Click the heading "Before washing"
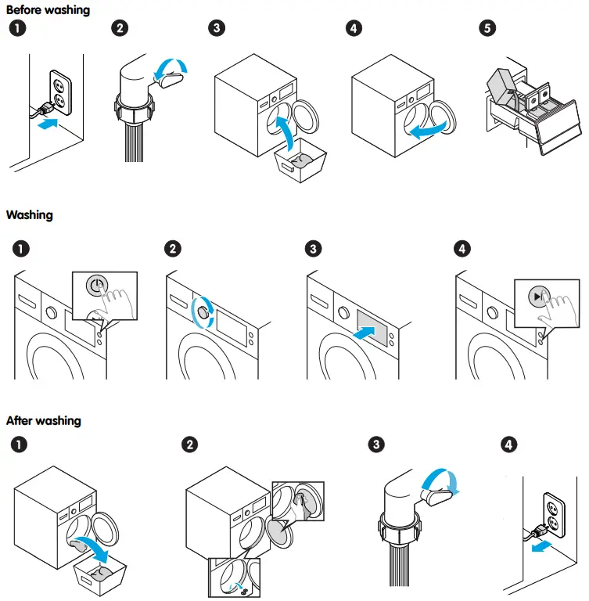pos(48,10)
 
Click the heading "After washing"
pos(44,420)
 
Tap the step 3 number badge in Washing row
pos(314,250)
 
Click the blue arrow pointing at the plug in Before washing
pos(47,123)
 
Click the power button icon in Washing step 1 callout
pos(95,286)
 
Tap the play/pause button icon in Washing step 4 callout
pos(536,297)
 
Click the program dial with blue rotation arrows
pos(203,311)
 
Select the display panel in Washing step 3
pos(375,326)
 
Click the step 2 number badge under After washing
pos(189,444)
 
